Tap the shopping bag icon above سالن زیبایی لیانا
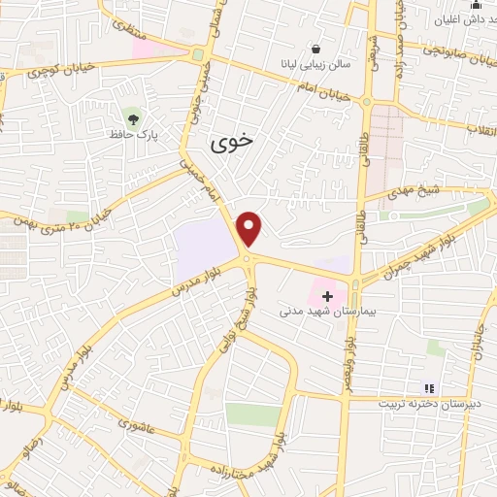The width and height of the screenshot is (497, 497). [x=316, y=49]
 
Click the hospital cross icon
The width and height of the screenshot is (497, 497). [x=327, y=295]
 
